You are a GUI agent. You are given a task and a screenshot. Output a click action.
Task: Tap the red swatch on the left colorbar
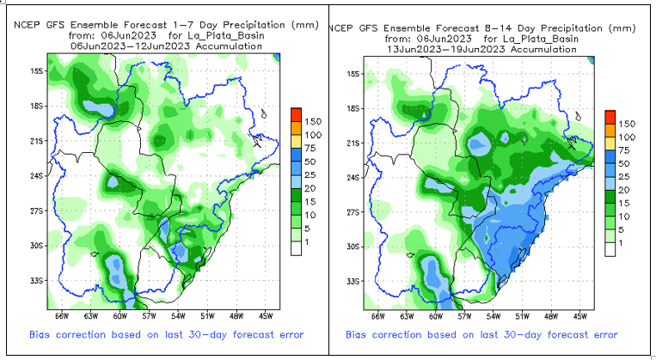pyautogui.click(x=294, y=115)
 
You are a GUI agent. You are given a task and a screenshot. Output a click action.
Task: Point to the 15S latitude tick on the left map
pyautogui.click(x=37, y=70)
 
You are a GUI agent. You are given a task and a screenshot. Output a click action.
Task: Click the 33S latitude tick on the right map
pyautogui.click(x=354, y=282)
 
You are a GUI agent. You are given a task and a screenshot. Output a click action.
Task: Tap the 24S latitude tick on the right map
pyautogui.click(x=354, y=177)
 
